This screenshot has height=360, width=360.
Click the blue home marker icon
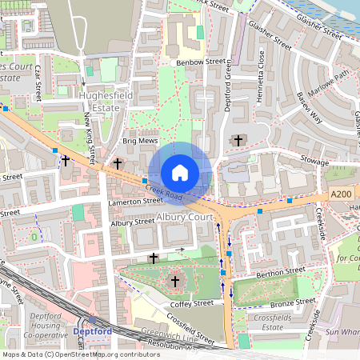[180, 172]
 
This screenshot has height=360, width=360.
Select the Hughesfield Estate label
[99, 99]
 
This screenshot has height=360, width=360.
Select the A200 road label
[341, 194]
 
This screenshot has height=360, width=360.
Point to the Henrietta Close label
[261, 66]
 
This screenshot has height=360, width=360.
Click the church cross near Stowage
[238, 141]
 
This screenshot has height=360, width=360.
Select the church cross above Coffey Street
[175, 281]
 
